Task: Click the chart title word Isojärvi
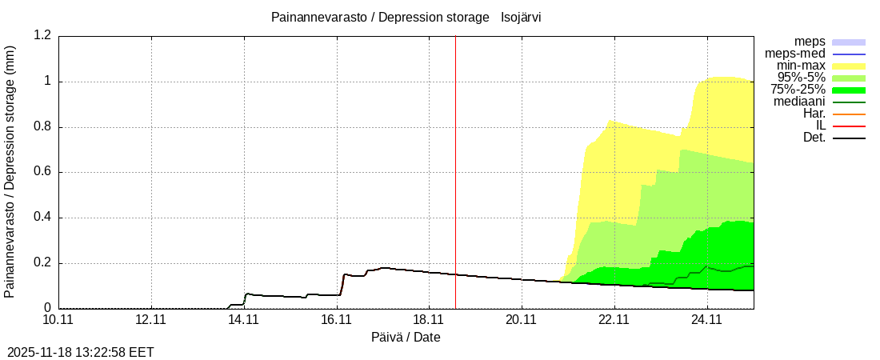pyautogui.click(x=521, y=17)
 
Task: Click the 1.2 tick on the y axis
pyautogui.click(x=42, y=36)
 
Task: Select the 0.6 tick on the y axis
pyautogui.click(x=42, y=172)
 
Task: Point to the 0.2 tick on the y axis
pyautogui.click(x=42, y=263)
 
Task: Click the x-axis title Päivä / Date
pyautogui.click(x=406, y=337)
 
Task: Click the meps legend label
pyautogui.click(x=810, y=42)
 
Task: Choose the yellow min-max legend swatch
pyautogui.click(x=849, y=66)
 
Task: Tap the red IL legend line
pyautogui.click(x=849, y=126)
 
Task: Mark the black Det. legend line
pyautogui.click(x=849, y=138)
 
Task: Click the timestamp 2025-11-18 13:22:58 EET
pyautogui.click(x=81, y=352)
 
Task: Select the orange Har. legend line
pyautogui.click(x=849, y=114)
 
